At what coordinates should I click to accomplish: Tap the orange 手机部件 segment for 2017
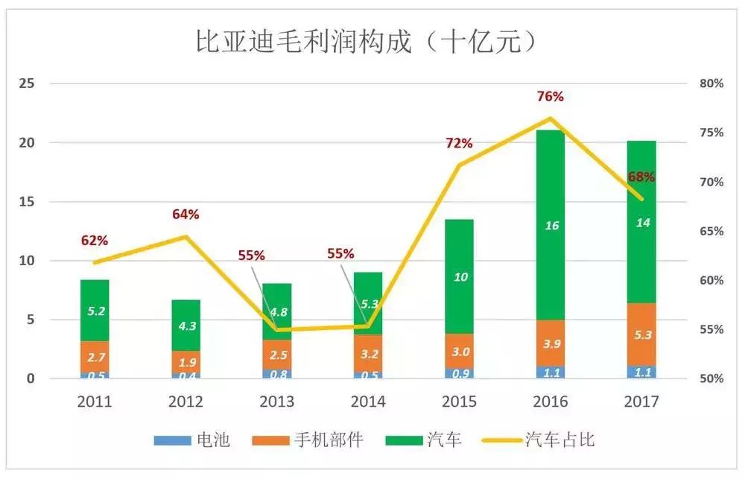tap(641, 334)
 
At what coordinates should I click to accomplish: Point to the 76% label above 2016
tap(550, 97)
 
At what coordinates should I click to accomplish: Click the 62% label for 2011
tap(95, 241)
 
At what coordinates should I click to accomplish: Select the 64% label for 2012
tap(186, 215)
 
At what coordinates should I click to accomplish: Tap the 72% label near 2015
tap(460, 143)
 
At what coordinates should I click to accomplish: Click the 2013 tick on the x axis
tap(277, 402)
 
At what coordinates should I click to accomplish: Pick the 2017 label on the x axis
tap(641, 402)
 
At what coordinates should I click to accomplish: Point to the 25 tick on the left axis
tap(27, 84)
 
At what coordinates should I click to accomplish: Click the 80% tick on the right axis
tap(711, 84)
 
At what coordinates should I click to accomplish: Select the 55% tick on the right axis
tap(711, 330)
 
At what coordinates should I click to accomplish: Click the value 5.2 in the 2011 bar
tap(95, 311)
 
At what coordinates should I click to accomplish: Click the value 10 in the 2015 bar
tap(460, 277)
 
